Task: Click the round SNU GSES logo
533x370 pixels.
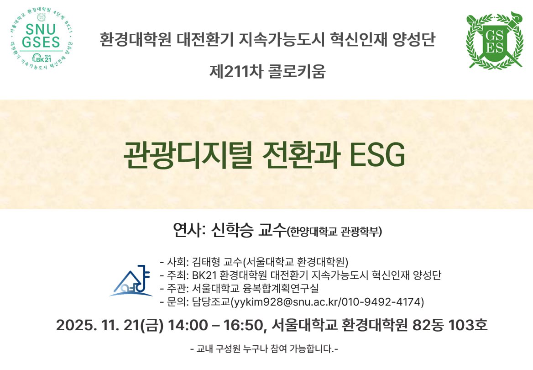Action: pyautogui.click(x=41, y=38)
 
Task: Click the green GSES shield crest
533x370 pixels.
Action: pyautogui.click(x=495, y=40)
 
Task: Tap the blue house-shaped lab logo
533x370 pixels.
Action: pyautogui.click(x=131, y=281)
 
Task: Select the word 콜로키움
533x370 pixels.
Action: pyautogui.click(x=297, y=71)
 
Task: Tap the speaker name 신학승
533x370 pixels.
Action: pyautogui.click(x=233, y=230)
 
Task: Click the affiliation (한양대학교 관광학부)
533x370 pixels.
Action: pyautogui.click(x=334, y=232)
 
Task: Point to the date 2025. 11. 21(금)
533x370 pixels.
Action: pyautogui.click(x=110, y=325)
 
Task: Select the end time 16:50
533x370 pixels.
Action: pyautogui.click(x=243, y=325)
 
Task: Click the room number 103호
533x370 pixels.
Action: pyautogui.click(x=468, y=325)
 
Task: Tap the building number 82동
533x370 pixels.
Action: pyautogui.click(x=428, y=325)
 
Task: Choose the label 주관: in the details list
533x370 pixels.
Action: pyautogui.click(x=178, y=288)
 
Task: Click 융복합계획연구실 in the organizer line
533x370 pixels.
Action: pyautogui.click(x=281, y=288)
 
